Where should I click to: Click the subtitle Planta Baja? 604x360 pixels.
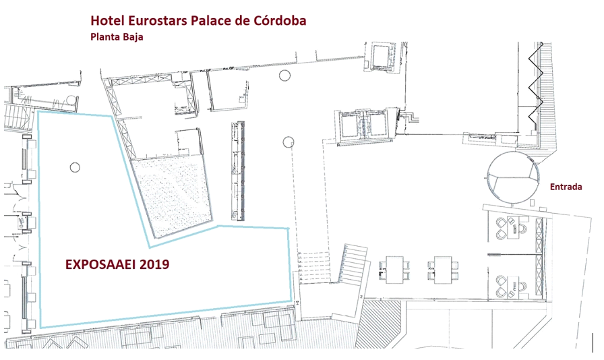click(117, 37)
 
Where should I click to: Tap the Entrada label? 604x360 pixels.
click(566, 187)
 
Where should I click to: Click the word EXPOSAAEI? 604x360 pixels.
click(100, 264)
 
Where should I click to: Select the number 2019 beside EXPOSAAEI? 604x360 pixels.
click(154, 264)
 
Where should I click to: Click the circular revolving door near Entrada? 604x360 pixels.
click(513, 177)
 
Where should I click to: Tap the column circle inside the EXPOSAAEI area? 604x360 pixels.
click(75, 167)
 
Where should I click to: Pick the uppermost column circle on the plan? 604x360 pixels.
click(284, 76)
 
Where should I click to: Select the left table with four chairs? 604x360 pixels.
click(394, 270)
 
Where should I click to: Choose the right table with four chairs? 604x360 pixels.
click(443, 270)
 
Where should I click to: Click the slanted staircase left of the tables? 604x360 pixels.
click(353, 264)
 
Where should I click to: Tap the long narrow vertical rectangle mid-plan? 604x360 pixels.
click(238, 171)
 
